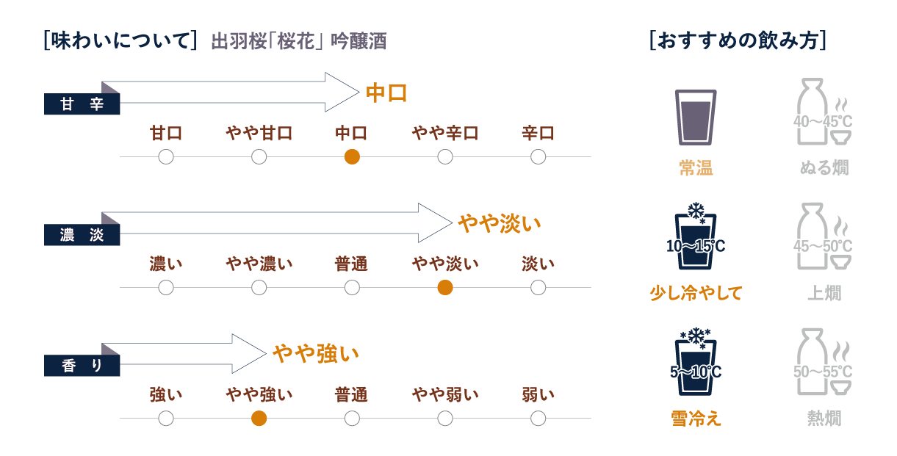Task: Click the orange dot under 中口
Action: point(352,156)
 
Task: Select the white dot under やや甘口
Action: point(259,156)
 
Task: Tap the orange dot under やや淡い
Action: point(444,287)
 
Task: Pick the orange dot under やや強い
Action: point(259,419)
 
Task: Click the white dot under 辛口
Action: point(538,156)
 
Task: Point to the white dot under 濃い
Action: point(166,287)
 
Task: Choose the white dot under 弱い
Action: point(538,419)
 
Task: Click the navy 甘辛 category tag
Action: point(82,104)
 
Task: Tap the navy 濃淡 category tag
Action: point(82,235)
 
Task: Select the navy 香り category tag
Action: point(82,366)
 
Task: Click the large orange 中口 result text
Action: point(386,93)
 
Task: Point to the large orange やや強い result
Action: point(315,354)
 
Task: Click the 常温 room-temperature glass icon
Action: point(695,116)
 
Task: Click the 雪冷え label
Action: point(696,418)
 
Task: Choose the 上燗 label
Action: point(824,293)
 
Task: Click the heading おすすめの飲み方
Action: point(738,40)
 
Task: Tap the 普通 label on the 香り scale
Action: point(351,395)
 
